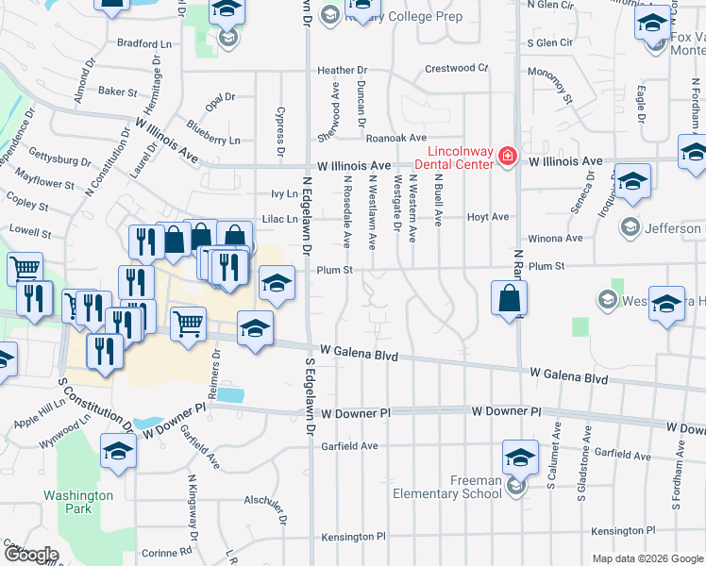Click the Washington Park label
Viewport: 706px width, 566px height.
[78, 502]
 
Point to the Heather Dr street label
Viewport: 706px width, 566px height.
[342, 71]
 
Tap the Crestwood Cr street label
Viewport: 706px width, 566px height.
[456, 68]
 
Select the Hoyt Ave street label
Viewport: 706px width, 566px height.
[488, 217]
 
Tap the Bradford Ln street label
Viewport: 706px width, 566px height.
[144, 43]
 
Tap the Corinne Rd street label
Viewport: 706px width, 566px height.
[160, 553]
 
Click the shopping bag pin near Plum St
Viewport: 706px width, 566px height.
[509, 299]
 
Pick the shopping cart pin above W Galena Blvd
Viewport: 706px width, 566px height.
[189, 324]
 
